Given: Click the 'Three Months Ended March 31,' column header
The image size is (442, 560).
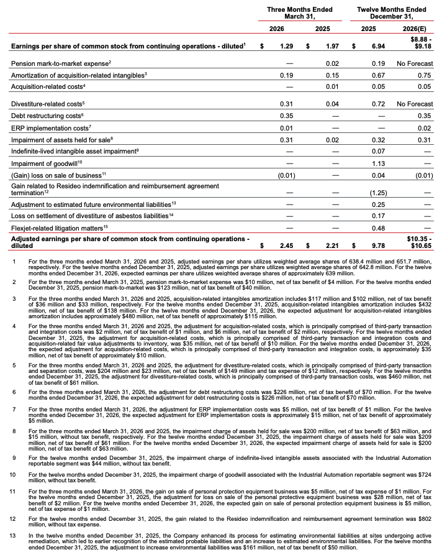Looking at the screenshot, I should coord(299,13).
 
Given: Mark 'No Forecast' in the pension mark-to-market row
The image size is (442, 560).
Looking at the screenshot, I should coord(415,63).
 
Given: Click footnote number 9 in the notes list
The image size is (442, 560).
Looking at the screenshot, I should coord(14,440).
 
